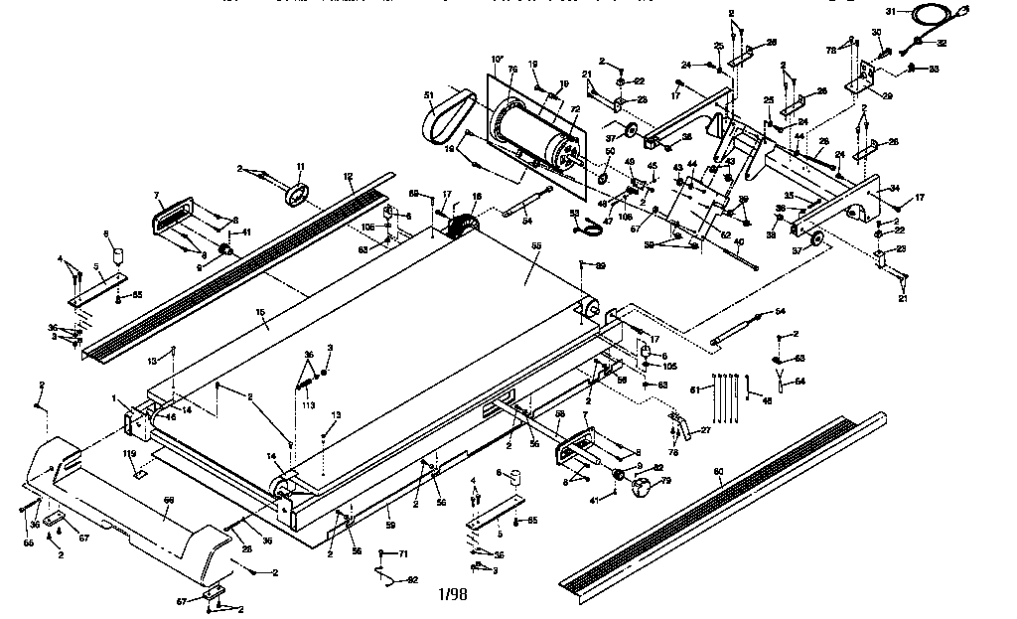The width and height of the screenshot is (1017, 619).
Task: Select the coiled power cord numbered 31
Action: pyautogui.click(x=935, y=16)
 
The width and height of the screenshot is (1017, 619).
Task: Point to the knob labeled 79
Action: pyautogui.click(x=647, y=488)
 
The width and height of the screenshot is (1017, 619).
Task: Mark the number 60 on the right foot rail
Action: pyautogui.click(x=719, y=471)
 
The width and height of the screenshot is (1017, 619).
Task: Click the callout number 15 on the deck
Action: pyautogui.click(x=261, y=313)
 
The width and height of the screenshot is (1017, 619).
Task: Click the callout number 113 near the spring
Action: pyautogui.click(x=308, y=405)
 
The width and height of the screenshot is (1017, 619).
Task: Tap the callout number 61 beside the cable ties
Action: pyautogui.click(x=695, y=388)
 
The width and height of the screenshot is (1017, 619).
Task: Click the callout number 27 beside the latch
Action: pyautogui.click(x=706, y=429)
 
